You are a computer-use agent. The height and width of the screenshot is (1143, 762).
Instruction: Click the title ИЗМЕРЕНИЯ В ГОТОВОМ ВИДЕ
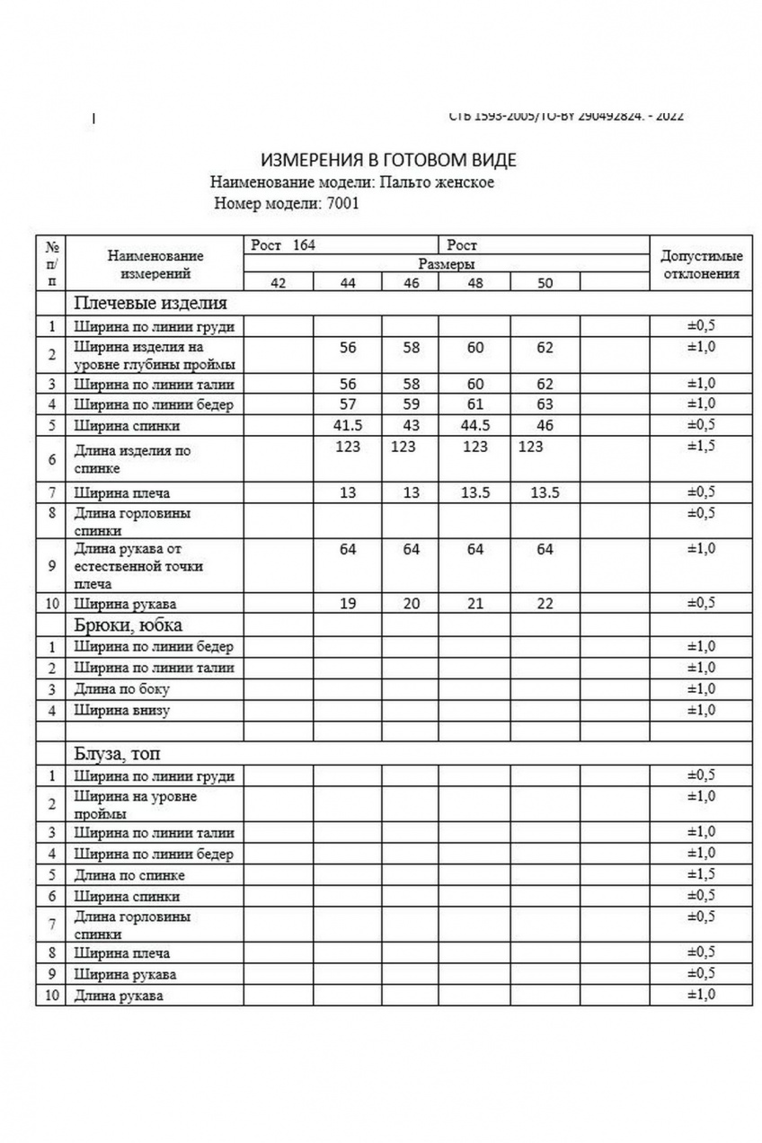pyautogui.click(x=388, y=161)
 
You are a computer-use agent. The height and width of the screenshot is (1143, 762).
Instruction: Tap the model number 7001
pyautogui.click(x=344, y=203)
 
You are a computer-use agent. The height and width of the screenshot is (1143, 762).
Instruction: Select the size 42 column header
pyautogui.click(x=279, y=283)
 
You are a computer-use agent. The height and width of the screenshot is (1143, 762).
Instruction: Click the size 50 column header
pyautogui.click(x=545, y=283)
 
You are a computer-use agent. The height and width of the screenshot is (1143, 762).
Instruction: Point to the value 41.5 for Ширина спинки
pyautogui.click(x=348, y=424)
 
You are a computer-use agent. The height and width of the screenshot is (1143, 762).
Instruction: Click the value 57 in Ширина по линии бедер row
pyautogui.click(x=348, y=403)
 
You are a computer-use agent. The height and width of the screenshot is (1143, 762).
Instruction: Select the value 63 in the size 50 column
pyautogui.click(x=545, y=403)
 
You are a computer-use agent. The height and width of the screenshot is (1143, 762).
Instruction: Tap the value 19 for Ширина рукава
pyautogui.click(x=348, y=605)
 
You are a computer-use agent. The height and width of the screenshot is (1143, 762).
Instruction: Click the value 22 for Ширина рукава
pyautogui.click(x=545, y=605)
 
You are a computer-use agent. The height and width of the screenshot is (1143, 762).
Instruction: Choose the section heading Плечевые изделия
pyautogui.click(x=150, y=303)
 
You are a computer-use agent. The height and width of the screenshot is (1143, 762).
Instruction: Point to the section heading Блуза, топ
pyautogui.click(x=118, y=753)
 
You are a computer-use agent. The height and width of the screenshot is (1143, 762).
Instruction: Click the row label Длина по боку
pyautogui.click(x=122, y=689)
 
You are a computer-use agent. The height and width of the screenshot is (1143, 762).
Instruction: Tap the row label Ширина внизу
pyautogui.click(x=122, y=711)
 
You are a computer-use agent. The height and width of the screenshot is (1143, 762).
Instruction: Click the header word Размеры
pyautogui.click(x=447, y=264)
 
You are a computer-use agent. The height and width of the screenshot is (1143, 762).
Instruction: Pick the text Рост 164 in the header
pyautogui.click(x=283, y=245)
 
